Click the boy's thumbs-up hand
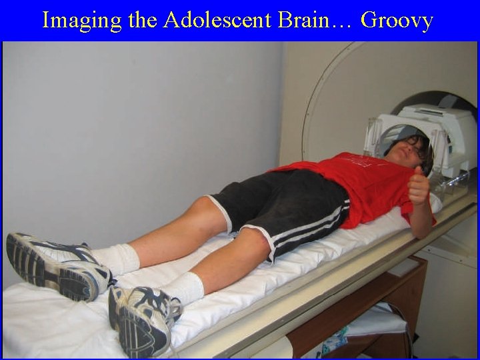click(419, 187)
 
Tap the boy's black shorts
click(293, 207)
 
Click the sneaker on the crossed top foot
click(57, 263)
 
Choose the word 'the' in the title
click(141, 21)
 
